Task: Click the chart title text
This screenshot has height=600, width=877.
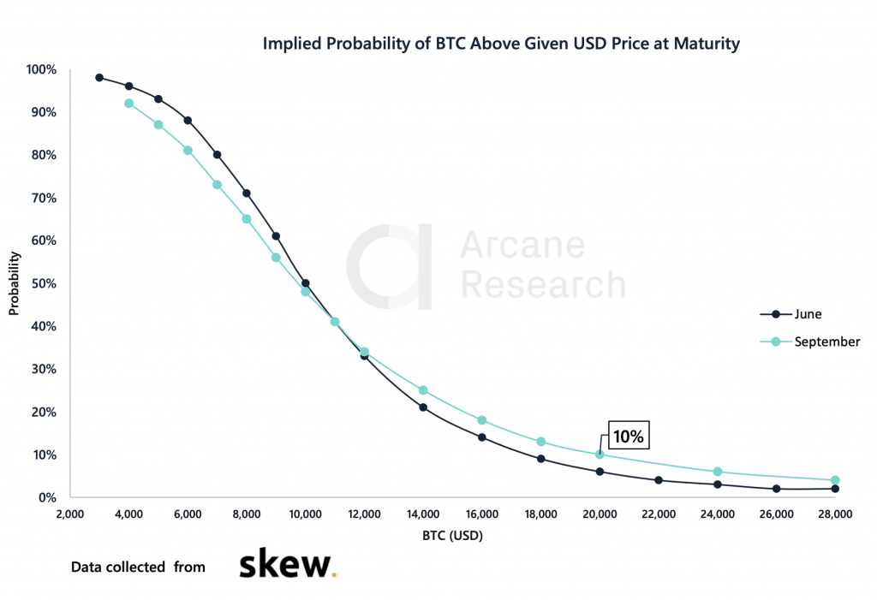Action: [x=500, y=44]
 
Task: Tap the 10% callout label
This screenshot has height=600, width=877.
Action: [x=628, y=436]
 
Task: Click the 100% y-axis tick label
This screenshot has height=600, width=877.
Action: [x=40, y=69]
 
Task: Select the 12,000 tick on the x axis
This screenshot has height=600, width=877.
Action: [x=364, y=514]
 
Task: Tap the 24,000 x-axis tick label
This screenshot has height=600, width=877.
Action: [x=718, y=514]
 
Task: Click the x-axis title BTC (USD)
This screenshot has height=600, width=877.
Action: [x=452, y=537]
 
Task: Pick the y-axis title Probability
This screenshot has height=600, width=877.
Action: [x=14, y=283]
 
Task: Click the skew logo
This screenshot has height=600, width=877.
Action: [x=287, y=566]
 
